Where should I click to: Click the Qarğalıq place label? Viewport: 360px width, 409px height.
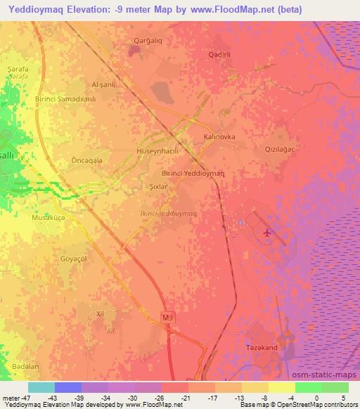click(x=148, y=41)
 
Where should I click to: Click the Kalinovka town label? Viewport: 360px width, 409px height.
click(x=219, y=138)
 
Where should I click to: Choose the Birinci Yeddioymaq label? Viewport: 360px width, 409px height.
click(x=193, y=173)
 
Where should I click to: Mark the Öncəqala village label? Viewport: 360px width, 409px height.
click(x=88, y=160)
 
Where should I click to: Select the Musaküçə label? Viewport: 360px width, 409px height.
click(x=49, y=219)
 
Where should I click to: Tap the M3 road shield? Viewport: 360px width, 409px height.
click(x=167, y=318)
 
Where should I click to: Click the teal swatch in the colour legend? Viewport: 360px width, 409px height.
click(x=41, y=387)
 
